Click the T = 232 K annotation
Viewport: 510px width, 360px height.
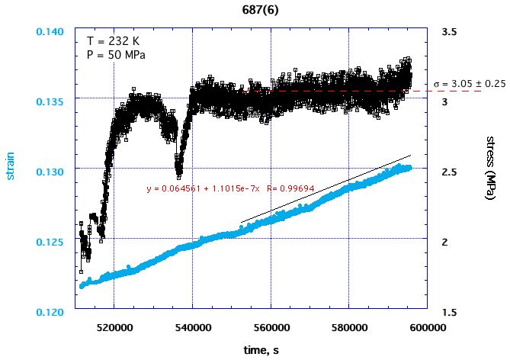pos(114,40)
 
